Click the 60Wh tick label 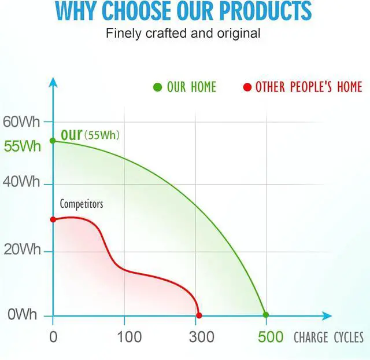(x=21, y=122)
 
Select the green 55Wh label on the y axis (x=23, y=146)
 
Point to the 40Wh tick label (x=21, y=182)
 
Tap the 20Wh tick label (x=22, y=249)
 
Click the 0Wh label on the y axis (x=22, y=314)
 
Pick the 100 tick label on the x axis (x=129, y=337)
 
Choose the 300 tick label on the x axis (x=202, y=337)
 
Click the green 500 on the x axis (x=271, y=337)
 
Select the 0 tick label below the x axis (x=53, y=337)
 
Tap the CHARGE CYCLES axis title (x=328, y=337)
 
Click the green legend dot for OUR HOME (x=157, y=87)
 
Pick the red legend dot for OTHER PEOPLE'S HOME (x=247, y=87)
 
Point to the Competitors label (x=82, y=204)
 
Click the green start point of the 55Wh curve (x=53, y=141)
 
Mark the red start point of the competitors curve (x=53, y=219)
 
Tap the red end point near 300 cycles (x=199, y=315)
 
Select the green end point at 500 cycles (x=266, y=315)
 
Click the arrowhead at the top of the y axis (x=53, y=82)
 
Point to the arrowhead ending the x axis (x=327, y=316)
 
